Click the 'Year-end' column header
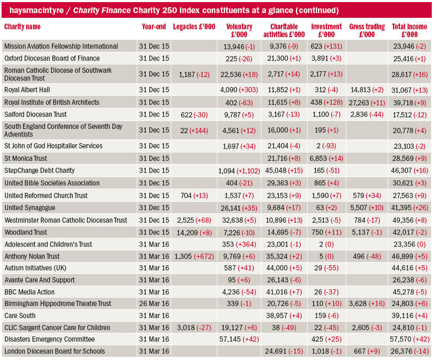154,27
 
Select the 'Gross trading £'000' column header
367,30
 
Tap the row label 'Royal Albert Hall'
27,90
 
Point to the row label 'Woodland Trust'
26,232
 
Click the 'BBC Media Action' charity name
29,292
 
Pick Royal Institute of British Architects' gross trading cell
367,103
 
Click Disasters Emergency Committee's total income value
409,340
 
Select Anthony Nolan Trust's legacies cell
194,256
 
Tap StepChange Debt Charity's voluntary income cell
239,171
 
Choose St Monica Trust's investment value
326,159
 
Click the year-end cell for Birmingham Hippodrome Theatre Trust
154,303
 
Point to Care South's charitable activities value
284,315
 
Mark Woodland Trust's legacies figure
194,233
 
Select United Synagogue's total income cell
409,208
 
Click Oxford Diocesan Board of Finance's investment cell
326,59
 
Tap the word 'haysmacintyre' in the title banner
37,10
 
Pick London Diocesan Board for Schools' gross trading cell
367,352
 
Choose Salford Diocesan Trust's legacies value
194,115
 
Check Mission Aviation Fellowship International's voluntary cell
239,47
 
